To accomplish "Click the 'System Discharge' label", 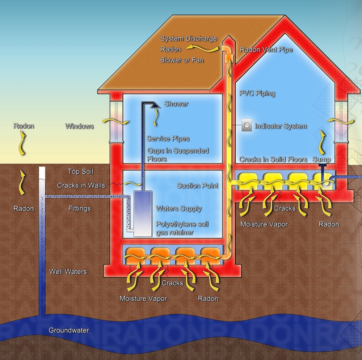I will (189, 39).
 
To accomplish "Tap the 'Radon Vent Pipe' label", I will (266, 50).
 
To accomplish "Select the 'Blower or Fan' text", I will (182, 60).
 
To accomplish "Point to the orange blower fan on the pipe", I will (227, 57).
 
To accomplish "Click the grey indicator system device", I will (247, 126).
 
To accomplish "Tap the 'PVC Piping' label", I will (257, 93).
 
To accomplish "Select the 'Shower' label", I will (176, 104).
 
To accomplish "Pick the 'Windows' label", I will (79, 126).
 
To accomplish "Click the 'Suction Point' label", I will (197, 186).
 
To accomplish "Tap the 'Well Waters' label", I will (68, 271).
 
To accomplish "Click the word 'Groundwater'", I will (69, 330).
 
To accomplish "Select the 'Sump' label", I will (322, 160).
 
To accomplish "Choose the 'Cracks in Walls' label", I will (81, 185).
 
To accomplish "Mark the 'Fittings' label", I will (79, 208).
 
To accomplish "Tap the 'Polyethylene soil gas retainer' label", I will (182, 228).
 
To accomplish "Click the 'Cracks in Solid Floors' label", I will (273, 160).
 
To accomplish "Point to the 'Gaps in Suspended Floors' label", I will (178, 154).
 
